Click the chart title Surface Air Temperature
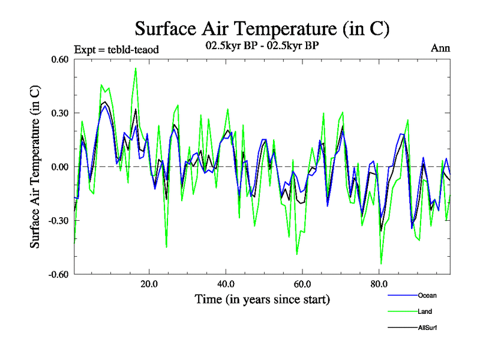(x=262, y=28)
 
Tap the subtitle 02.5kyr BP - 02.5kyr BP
(x=262, y=47)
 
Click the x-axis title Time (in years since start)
(x=262, y=299)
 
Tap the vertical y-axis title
(x=36, y=167)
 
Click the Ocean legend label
(x=427, y=295)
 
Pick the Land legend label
(x=425, y=311)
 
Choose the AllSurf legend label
(x=427, y=328)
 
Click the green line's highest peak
(x=136, y=68)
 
